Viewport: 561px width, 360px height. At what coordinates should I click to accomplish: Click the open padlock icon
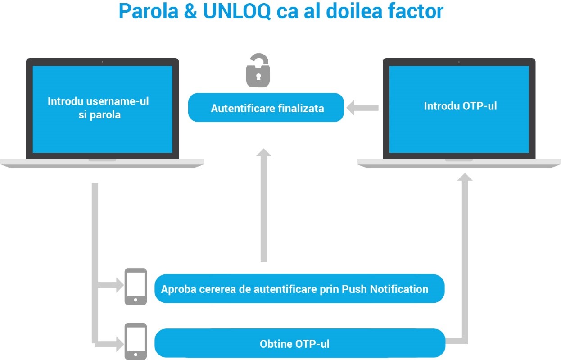pos(258,71)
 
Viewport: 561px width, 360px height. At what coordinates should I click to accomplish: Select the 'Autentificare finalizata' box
pos(266,108)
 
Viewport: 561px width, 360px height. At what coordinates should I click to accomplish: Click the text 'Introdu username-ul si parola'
pos(98,108)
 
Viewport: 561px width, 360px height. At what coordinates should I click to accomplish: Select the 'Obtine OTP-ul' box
pos(299,344)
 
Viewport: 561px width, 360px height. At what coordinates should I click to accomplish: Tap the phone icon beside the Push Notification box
pos(136,287)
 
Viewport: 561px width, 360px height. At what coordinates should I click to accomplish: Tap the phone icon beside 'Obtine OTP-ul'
pos(136,341)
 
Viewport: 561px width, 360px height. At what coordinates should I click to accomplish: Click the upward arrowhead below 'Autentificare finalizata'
pos(264,154)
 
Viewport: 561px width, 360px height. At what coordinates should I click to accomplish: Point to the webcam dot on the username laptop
pos(102,62)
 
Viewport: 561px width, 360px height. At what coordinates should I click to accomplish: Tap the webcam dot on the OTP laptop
pos(459,62)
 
